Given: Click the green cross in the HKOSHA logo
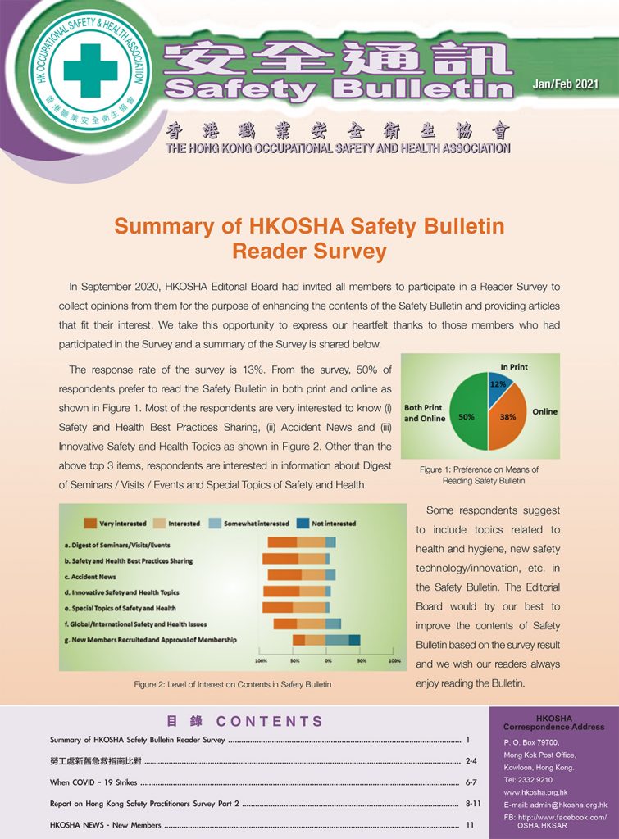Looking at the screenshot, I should coord(90,70).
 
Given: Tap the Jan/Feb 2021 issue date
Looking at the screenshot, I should coord(566,84).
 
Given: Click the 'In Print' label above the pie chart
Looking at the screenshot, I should coord(513,367).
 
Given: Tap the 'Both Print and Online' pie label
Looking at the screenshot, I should coord(424,412).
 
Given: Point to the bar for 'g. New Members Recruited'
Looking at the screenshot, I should coord(326,640).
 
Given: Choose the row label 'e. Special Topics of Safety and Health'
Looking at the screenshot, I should coord(120,608).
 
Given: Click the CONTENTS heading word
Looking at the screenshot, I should coord(271,722).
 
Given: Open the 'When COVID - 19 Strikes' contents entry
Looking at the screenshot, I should coord(93,782).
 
